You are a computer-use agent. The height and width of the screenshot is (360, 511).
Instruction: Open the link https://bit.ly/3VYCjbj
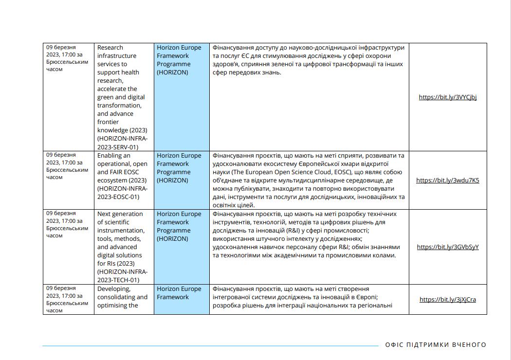coord(448,97)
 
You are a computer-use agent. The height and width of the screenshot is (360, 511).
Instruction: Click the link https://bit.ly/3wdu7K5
coord(448,180)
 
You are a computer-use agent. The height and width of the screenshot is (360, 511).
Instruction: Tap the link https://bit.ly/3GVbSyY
coord(448,247)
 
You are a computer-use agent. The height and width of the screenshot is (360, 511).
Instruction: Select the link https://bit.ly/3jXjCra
coord(448,300)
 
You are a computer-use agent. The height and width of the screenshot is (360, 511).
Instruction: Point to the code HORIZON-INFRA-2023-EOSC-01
coord(122,193)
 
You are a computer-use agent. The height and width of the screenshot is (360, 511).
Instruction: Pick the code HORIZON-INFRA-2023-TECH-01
coord(122,276)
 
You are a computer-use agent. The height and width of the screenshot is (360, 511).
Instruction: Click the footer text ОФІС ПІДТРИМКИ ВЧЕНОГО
coord(436,345)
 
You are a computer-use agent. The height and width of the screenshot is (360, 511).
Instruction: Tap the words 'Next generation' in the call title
coord(120,214)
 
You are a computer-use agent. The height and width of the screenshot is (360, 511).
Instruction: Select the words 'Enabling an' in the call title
coord(114,156)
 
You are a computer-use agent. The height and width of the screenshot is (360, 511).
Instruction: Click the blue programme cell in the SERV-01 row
coord(182,97)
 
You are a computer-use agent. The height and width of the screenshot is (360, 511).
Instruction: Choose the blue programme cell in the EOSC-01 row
coord(182,180)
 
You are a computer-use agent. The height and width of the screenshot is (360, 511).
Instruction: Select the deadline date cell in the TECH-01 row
coord(68,247)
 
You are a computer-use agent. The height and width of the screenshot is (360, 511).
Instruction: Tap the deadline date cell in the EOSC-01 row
coord(68,180)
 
